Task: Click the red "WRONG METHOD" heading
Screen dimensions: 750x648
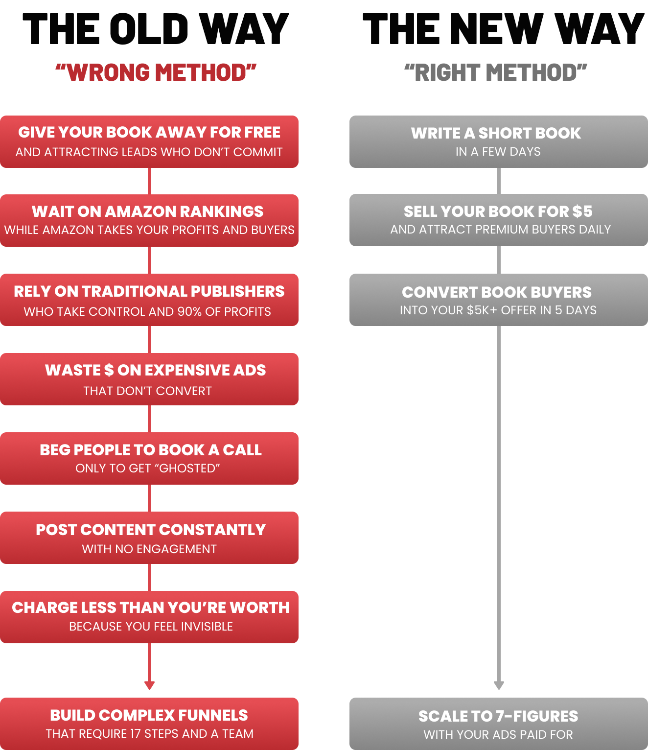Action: (x=156, y=72)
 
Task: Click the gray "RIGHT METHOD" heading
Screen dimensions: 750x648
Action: (x=495, y=72)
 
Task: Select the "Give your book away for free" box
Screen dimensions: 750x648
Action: (x=149, y=141)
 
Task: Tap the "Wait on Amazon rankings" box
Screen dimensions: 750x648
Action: (x=149, y=220)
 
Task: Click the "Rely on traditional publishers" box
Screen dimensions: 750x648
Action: (x=149, y=300)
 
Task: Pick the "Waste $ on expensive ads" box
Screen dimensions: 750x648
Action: (x=149, y=379)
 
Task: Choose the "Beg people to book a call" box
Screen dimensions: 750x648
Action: (x=149, y=458)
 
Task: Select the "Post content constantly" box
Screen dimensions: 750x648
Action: (x=149, y=538)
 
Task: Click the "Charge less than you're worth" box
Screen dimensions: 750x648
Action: (x=149, y=617)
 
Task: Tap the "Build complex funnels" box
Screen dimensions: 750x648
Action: (x=149, y=724)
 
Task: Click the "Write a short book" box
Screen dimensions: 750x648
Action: (x=498, y=141)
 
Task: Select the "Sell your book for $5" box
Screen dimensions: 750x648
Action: (x=498, y=220)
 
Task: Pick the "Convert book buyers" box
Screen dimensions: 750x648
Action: (x=498, y=300)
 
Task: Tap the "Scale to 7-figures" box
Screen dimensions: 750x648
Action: (x=498, y=724)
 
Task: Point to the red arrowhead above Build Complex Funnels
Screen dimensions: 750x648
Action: (x=150, y=685)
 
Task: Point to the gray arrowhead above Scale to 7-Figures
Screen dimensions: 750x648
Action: (x=499, y=685)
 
